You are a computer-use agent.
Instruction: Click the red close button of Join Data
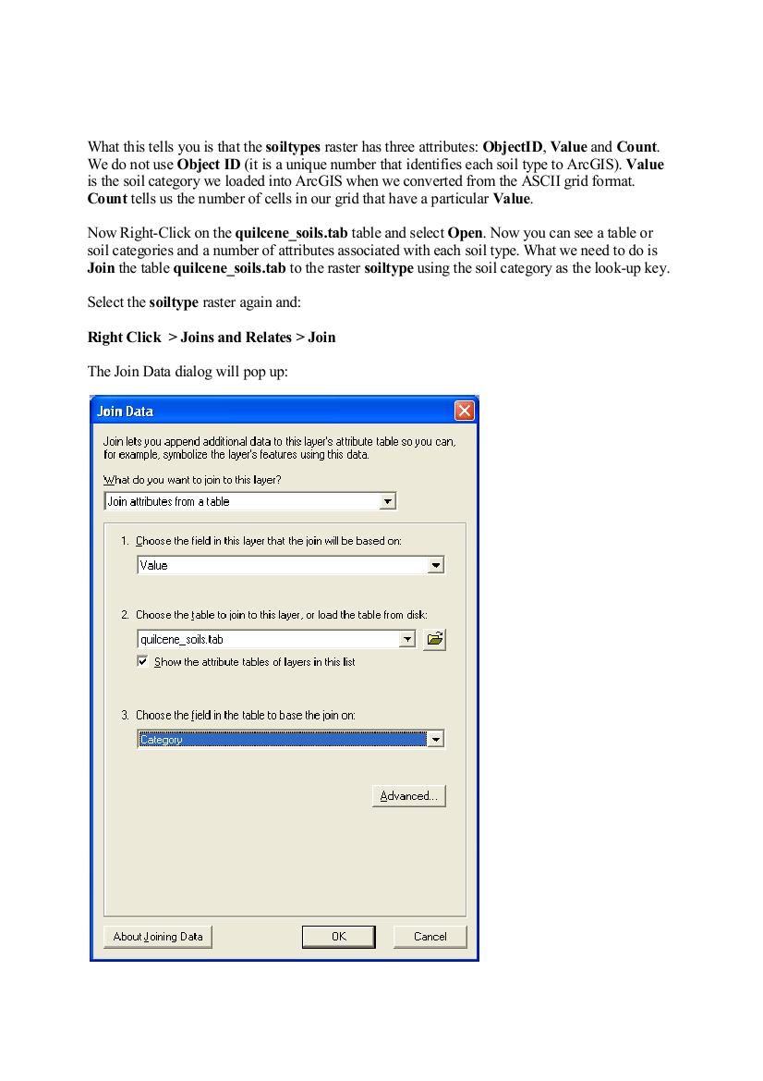click(x=465, y=411)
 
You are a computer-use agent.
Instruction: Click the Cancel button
click(x=430, y=937)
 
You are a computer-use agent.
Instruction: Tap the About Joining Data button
click(x=157, y=937)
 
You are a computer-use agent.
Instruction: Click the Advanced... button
click(x=408, y=796)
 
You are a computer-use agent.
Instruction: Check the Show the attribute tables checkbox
click(x=142, y=662)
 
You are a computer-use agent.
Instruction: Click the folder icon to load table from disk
click(x=434, y=639)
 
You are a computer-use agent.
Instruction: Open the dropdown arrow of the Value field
click(x=436, y=565)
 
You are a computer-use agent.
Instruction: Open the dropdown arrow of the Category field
click(x=436, y=739)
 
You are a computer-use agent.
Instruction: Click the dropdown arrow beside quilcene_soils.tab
click(x=406, y=639)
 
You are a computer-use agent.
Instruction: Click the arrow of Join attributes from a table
click(x=388, y=501)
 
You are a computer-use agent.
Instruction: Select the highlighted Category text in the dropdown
click(x=161, y=739)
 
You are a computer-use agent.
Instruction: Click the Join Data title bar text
click(x=126, y=412)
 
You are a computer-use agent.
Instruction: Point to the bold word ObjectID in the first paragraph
click(x=512, y=147)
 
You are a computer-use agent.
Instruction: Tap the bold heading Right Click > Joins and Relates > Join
click(x=212, y=338)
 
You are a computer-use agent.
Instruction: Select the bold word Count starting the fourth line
click(x=107, y=200)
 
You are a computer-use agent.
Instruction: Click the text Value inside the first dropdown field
click(x=154, y=565)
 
